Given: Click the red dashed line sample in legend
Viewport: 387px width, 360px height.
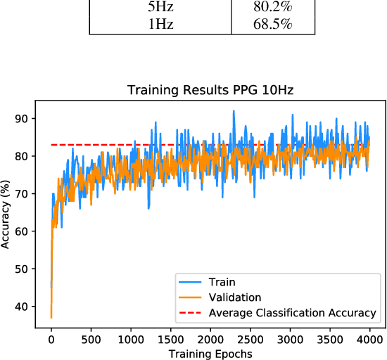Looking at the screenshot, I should coord(191,312).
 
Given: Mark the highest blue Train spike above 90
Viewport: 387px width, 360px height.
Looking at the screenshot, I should coord(233,110).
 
